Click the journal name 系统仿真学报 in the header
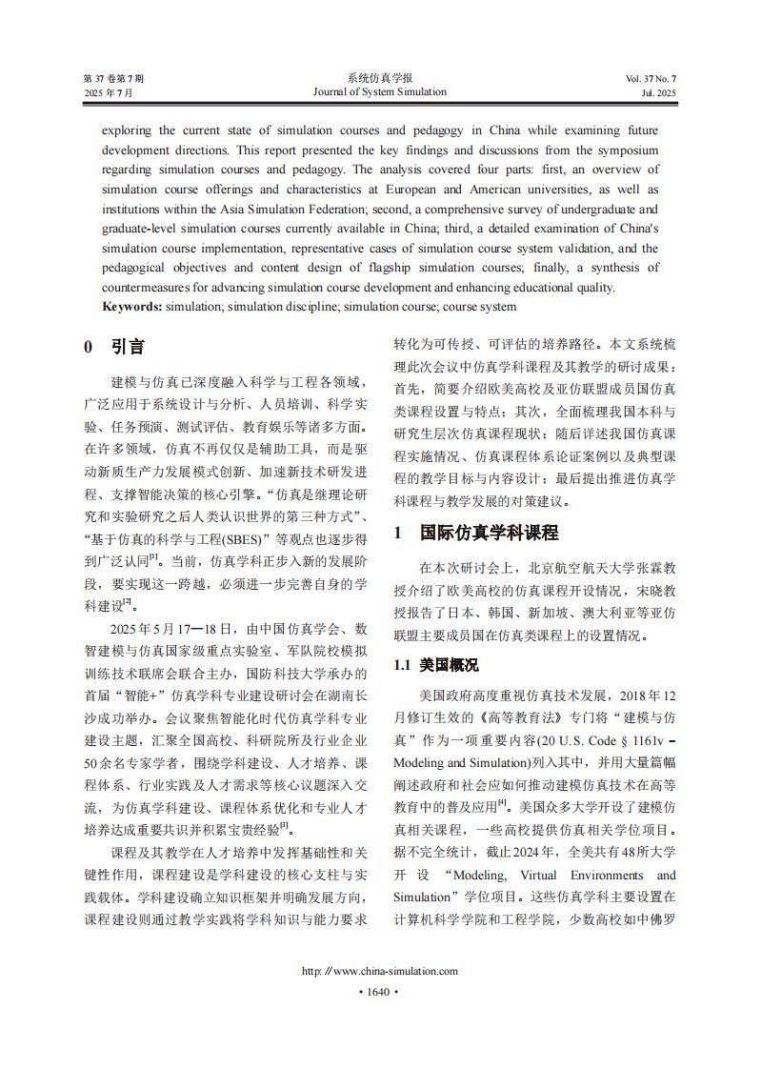pos(379,77)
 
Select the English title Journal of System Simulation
pos(379,91)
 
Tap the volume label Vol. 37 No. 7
pos(651,77)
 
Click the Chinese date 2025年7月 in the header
pos(109,92)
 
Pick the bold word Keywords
pos(132,307)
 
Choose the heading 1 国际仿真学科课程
pos(476,532)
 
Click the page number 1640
pos(379,992)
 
